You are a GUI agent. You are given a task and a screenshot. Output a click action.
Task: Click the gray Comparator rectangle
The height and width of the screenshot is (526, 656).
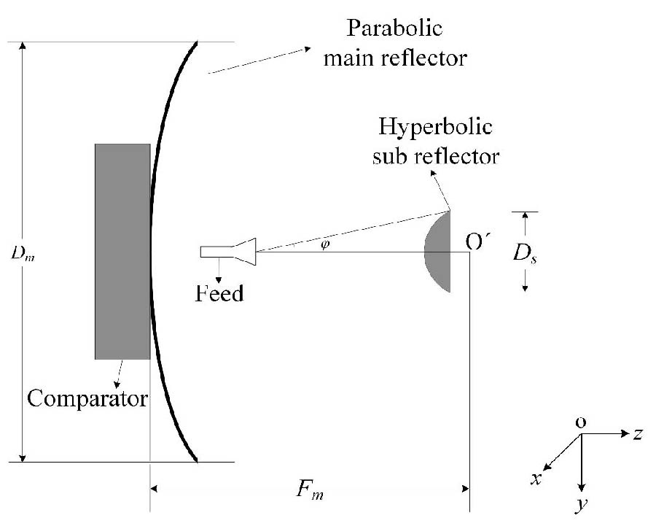(x=122, y=251)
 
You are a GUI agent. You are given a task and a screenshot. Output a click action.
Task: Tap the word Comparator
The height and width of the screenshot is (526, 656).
(x=87, y=399)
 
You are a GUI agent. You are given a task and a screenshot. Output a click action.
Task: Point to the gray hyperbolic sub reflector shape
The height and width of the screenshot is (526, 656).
(x=439, y=252)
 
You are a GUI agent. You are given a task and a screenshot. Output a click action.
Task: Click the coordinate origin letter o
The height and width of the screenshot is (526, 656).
(x=582, y=422)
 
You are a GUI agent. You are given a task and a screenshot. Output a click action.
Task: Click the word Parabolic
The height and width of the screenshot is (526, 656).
(x=399, y=32)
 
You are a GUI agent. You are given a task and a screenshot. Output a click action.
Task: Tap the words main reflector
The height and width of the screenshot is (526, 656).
(x=394, y=58)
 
